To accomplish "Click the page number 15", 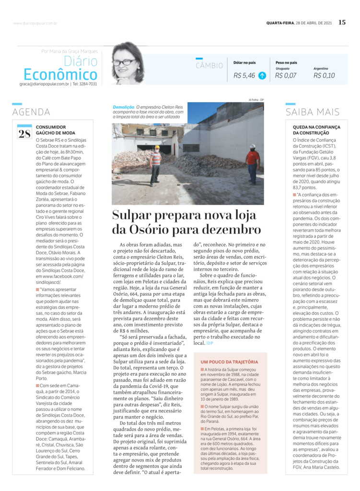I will click(x=342, y=22).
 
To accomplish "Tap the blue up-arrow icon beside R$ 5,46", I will click(x=262, y=75).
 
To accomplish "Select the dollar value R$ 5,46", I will click(x=244, y=75).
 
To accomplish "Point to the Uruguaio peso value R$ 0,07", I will click(x=286, y=75).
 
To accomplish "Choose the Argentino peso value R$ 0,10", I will click(x=324, y=75).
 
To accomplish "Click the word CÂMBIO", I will click(x=209, y=66).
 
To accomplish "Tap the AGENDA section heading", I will click(x=31, y=112).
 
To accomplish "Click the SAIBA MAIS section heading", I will click(x=313, y=112).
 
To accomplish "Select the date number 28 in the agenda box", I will click(x=24, y=133).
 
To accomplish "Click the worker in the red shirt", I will click(x=253, y=163).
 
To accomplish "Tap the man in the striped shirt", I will click(x=155, y=165).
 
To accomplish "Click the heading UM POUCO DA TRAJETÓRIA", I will click(x=229, y=362).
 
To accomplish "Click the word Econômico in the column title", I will click(x=60, y=75).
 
